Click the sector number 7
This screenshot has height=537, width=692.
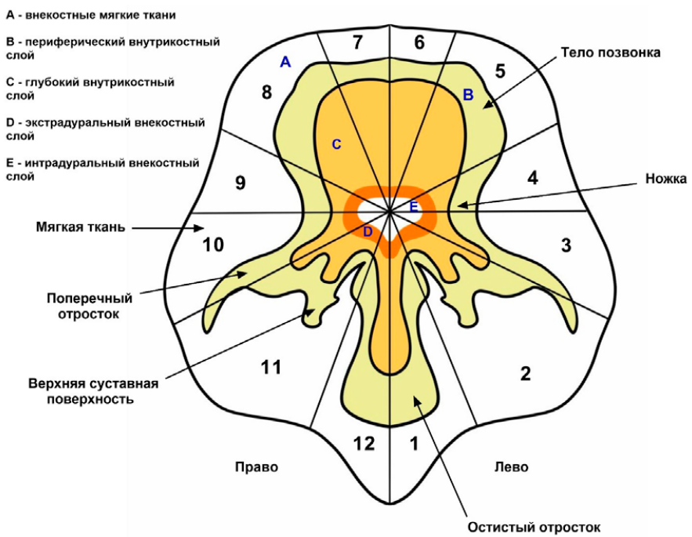tap(357, 42)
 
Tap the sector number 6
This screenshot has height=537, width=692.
tap(419, 42)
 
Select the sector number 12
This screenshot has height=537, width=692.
tap(364, 444)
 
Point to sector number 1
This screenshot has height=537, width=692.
tap(415, 444)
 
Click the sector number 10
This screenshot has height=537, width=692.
tap(213, 245)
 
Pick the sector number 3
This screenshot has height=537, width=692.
tap(566, 245)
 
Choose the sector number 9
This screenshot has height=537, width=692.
tap(240, 183)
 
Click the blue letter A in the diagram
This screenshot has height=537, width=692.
tap(285, 62)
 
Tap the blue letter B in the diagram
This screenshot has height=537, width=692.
tap(468, 95)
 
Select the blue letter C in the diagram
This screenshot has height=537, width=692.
tap(336, 144)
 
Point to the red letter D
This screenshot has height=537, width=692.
tap(368, 231)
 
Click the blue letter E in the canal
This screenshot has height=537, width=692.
tap(414, 208)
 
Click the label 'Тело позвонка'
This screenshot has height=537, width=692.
tap(610, 53)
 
